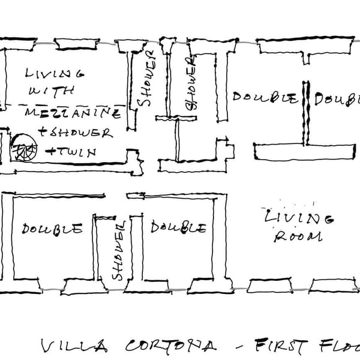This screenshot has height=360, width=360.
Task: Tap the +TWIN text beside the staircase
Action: (70, 152)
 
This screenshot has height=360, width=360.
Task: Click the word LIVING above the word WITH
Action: (54, 74)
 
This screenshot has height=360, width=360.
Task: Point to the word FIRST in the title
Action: (279, 346)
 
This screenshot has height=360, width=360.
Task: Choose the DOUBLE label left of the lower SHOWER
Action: (52, 229)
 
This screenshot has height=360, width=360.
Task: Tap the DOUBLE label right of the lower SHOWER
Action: (179, 227)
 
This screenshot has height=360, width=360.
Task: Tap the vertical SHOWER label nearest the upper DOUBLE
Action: (191, 85)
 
